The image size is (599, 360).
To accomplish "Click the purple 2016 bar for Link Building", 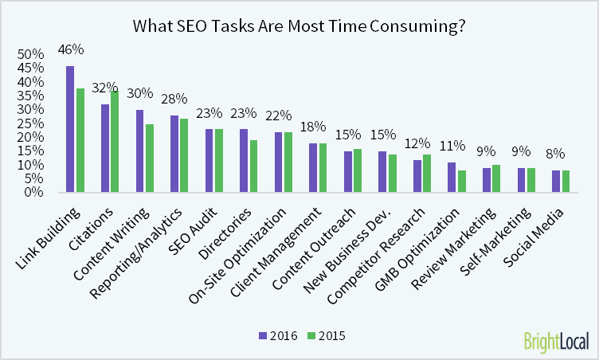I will point(70,129).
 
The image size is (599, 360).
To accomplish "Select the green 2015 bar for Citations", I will point(115,142).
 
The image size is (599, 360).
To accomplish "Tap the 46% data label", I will point(71,50).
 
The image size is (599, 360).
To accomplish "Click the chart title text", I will point(299,25).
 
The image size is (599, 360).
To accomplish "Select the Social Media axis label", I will point(542,228).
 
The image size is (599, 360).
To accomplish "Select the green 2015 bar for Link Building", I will point(80,140).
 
